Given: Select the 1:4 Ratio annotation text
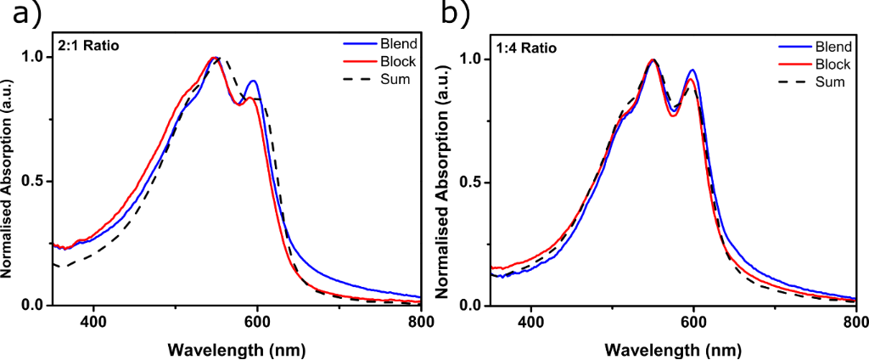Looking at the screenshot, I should pyautogui.click(x=527, y=48).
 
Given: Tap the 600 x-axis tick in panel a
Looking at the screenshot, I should pyautogui.click(x=257, y=322).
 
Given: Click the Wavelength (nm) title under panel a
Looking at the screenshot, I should pyautogui.click(x=236, y=348).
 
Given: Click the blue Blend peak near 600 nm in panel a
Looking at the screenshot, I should pyautogui.click(x=252, y=82).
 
